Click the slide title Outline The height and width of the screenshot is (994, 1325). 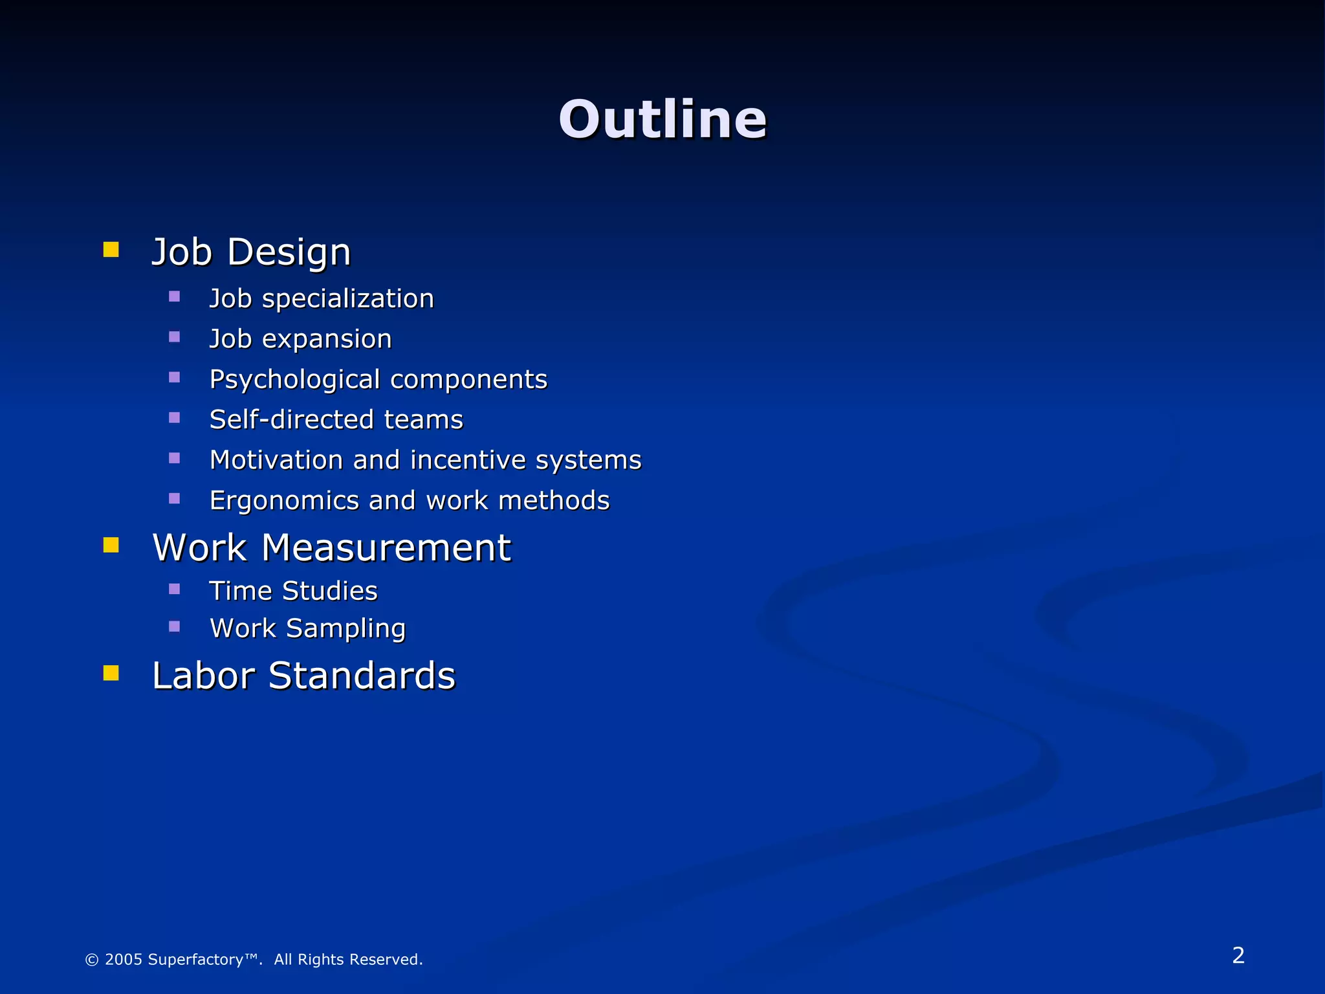click(662, 120)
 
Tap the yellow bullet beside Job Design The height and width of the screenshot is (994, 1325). click(111, 250)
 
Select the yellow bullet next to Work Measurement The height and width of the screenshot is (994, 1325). click(111, 546)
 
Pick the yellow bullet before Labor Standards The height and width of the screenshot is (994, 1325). click(111, 674)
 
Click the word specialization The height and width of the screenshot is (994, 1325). click(347, 299)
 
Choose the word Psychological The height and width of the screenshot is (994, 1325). click(294, 380)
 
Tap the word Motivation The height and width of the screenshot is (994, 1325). click(276, 460)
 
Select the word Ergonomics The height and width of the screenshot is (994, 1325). click(284, 501)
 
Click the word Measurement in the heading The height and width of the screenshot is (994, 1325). click(386, 548)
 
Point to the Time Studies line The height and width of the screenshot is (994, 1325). click(293, 591)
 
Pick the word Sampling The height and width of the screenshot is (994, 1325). click(345, 629)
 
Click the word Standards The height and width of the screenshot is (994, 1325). click(362, 676)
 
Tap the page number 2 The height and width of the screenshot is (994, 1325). click(1238, 955)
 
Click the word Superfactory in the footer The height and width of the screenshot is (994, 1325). click(196, 960)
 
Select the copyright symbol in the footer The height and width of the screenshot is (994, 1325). click(92, 960)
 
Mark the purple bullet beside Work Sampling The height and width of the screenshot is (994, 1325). click(174, 626)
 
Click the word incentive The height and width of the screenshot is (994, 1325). click(468, 460)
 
